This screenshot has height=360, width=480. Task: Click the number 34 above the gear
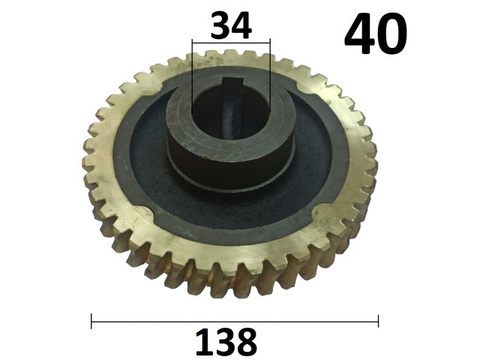(x=231, y=25)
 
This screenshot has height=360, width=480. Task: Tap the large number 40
(x=376, y=34)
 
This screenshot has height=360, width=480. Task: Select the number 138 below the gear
(x=226, y=342)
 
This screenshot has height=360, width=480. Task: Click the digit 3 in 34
(x=220, y=25)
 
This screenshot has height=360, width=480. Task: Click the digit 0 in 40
(x=392, y=34)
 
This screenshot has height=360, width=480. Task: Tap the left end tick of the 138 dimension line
(x=91, y=321)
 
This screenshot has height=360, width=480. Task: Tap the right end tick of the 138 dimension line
(x=378, y=321)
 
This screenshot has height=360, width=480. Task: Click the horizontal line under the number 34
(x=231, y=43)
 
